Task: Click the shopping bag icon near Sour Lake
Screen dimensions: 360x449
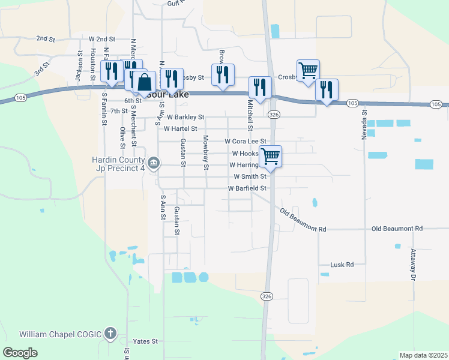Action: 143,82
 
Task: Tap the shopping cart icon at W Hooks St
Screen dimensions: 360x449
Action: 270,156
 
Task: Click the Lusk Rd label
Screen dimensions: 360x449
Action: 342,265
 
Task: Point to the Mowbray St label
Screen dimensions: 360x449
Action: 205,152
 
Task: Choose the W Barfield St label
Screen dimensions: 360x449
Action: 247,188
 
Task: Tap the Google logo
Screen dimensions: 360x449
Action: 20,353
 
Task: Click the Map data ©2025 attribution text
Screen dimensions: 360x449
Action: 423,355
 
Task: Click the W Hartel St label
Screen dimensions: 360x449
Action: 180,128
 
